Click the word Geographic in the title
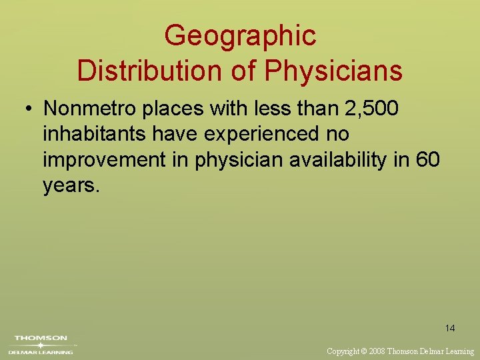coord(240,36)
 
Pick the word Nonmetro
coord(88,109)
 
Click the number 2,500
coord(363,109)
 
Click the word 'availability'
coord(343,161)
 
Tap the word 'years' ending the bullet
coord(69,185)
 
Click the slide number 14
coord(450,328)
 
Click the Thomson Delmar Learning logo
coord(41,344)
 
